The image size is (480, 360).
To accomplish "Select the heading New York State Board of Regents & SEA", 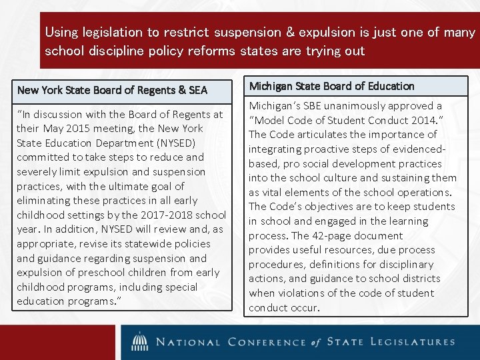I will click(112, 89).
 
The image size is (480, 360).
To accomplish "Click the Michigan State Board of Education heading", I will click(331, 86).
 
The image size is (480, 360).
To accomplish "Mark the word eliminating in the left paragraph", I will click(42, 201).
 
